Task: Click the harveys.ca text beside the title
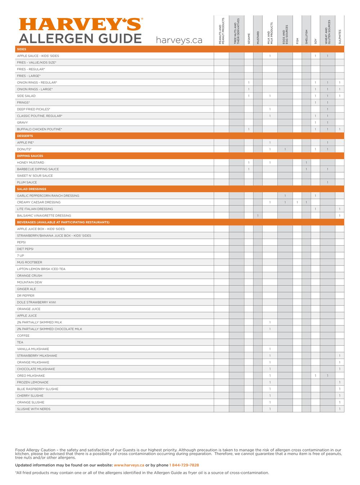pos(179,40)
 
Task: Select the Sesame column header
pos(249,39)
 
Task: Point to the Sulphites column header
pos(339,37)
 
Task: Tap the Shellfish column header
pos(306,37)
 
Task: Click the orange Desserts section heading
pos(25,136)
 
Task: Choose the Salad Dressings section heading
pos(31,189)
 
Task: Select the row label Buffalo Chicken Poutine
pos(40,129)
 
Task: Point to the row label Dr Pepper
pos(26,296)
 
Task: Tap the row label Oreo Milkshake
pos(31,376)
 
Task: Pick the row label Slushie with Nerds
pos(33,409)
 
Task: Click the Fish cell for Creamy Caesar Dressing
pos(297,202)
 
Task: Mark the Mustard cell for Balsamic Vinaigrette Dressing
pos(258,216)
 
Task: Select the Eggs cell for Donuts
pos(285,149)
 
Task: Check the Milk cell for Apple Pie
pos(270,143)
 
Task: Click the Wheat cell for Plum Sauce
pos(327,183)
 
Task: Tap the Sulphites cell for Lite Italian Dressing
pos(339,209)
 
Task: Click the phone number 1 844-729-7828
pos(184,465)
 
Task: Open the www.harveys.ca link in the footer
pos(129,465)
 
